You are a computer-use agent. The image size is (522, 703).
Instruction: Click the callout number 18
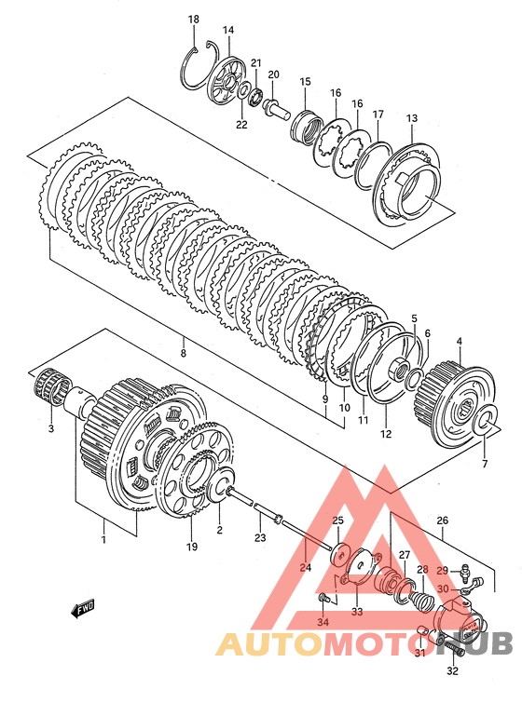point(194,20)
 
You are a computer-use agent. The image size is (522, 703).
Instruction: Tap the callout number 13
point(412,118)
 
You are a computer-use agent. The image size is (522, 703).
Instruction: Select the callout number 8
point(183,353)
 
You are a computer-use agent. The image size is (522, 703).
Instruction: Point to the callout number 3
point(51,428)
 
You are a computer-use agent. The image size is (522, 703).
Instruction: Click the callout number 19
point(192,547)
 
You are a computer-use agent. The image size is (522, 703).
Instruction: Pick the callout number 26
point(443,520)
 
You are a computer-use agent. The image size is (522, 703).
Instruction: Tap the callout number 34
point(323,622)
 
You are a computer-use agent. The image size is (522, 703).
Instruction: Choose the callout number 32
point(453,670)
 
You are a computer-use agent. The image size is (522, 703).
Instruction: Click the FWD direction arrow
point(83,609)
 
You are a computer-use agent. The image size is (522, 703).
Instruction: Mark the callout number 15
point(305,82)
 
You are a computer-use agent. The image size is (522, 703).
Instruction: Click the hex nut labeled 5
point(399,368)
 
